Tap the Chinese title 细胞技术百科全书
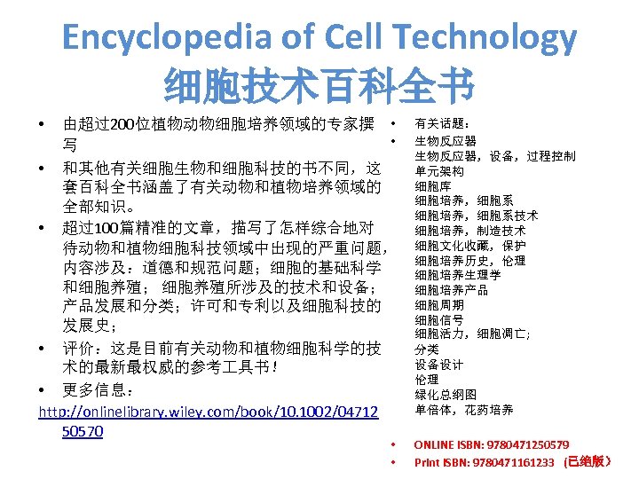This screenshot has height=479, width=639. point(319,88)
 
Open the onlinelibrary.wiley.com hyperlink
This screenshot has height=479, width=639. point(209,412)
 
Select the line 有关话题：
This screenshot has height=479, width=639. point(438,125)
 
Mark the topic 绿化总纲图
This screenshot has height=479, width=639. point(446,395)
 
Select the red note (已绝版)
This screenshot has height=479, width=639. point(589,461)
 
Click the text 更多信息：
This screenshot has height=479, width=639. point(99,390)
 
